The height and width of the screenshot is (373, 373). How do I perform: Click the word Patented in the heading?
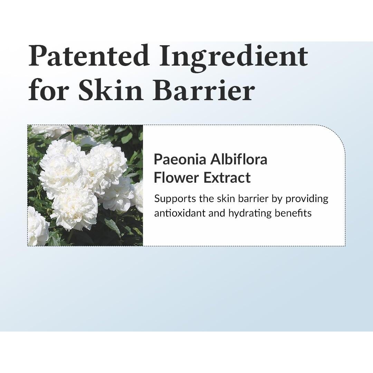88,56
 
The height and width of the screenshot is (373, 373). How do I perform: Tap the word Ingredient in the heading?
233,56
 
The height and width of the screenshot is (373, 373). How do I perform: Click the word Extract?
227,178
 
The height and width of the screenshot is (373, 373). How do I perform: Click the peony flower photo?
85,185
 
